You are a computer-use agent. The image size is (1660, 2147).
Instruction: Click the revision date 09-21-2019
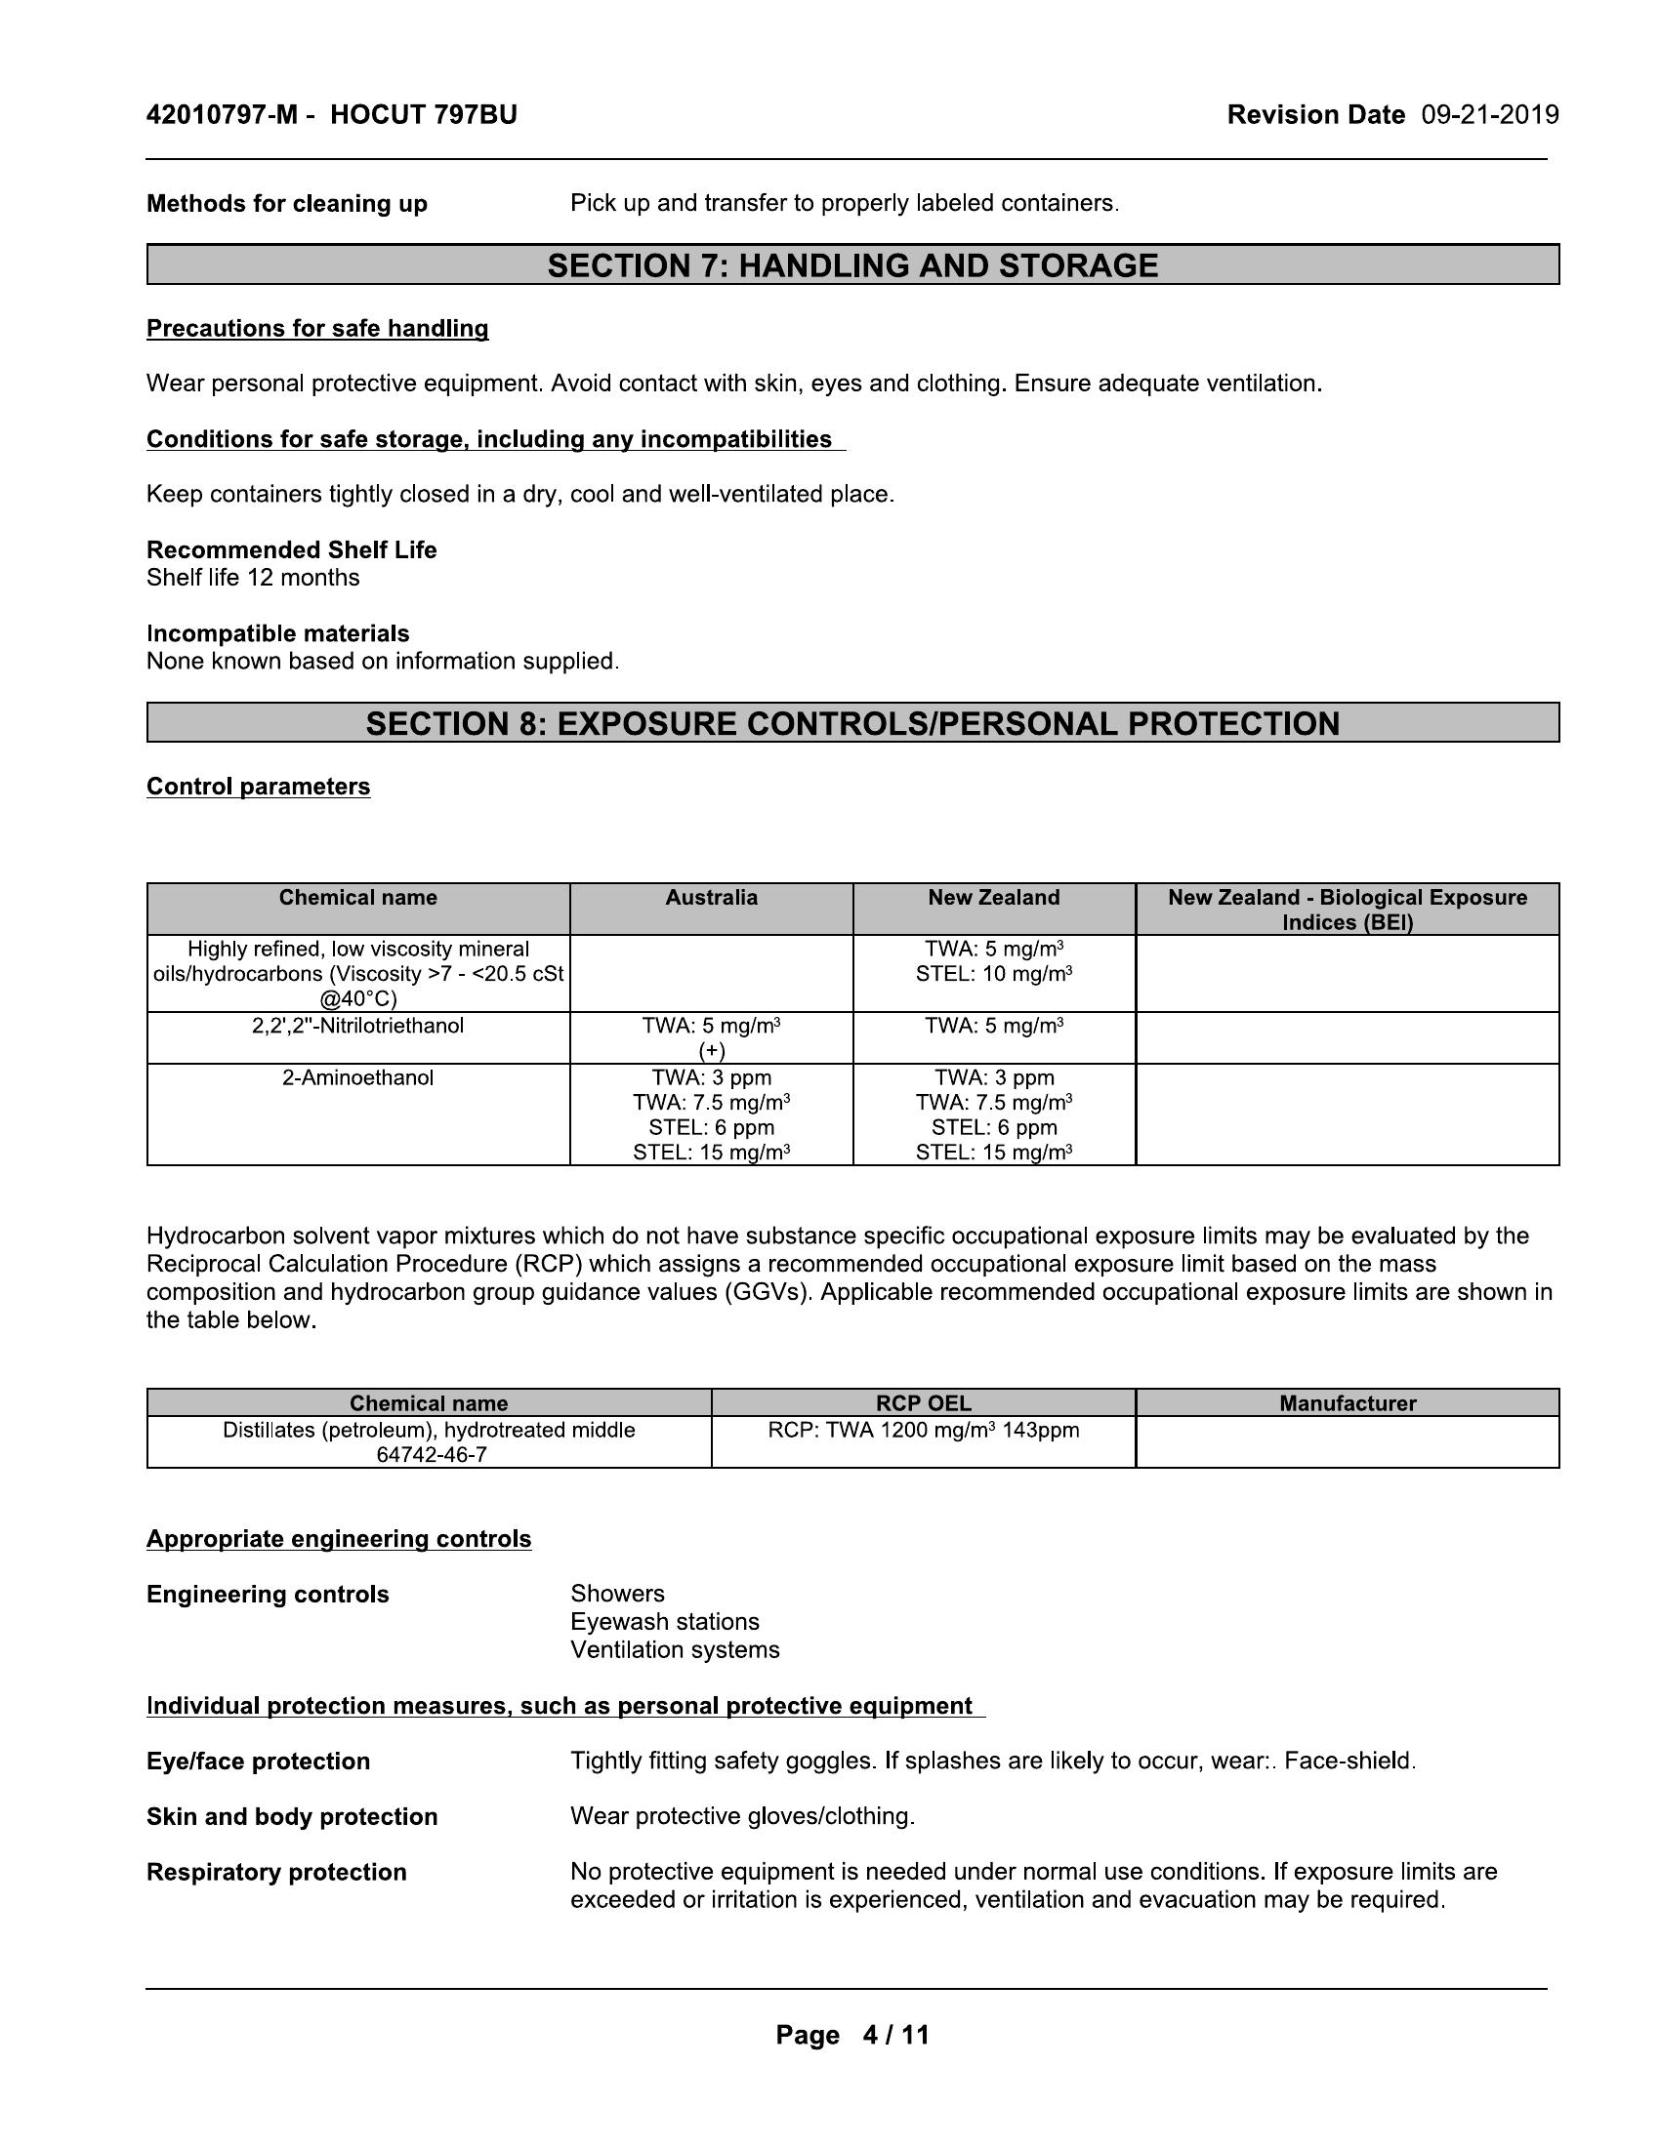pyautogui.click(x=1489, y=115)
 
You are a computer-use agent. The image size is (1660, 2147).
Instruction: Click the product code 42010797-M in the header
pyautogui.click(x=222, y=115)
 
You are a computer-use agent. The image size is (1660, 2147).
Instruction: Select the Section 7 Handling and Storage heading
pyautogui.click(x=852, y=265)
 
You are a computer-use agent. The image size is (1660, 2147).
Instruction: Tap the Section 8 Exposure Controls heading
pyautogui.click(x=852, y=723)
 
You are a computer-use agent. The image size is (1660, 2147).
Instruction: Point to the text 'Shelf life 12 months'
pyautogui.click(x=253, y=577)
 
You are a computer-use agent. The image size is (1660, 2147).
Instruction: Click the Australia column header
pyautogui.click(x=711, y=898)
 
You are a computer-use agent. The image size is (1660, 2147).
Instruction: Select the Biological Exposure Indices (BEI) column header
pyautogui.click(x=1348, y=910)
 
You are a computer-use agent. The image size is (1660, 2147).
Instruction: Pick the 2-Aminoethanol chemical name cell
pyautogui.click(x=358, y=1077)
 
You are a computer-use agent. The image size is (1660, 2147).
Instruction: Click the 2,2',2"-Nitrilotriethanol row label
pyautogui.click(x=358, y=1026)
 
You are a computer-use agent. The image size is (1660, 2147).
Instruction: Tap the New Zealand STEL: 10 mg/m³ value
pyautogui.click(x=993, y=974)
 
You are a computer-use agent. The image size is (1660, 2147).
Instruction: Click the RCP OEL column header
pyautogui.click(x=923, y=1402)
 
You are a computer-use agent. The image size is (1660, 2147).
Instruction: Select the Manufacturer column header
pyautogui.click(x=1348, y=1402)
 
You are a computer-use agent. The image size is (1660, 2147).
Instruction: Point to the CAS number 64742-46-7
pyautogui.click(x=431, y=1454)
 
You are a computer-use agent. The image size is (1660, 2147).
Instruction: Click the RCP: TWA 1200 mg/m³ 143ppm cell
pyautogui.click(x=923, y=1430)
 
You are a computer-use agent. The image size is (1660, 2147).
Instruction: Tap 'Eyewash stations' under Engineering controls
pyautogui.click(x=665, y=1621)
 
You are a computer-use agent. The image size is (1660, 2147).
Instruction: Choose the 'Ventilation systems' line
pyautogui.click(x=675, y=1649)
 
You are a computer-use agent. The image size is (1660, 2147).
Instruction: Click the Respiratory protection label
pyautogui.click(x=276, y=1872)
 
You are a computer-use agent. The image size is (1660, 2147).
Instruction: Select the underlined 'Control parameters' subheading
pyautogui.click(x=259, y=787)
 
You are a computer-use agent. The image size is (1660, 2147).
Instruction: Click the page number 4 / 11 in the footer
pyautogui.click(x=894, y=2035)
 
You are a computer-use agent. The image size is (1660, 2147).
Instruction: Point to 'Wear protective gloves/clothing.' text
pyautogui.click(x=742, y=1816)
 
